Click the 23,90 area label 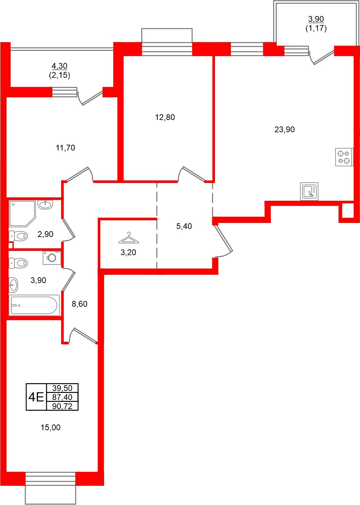point(284,129)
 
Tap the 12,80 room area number point(165,117)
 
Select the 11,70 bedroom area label point(65,148)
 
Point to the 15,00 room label point(51,427)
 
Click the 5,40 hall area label point(184,226)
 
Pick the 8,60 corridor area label point(80,304)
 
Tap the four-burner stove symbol point(344,157)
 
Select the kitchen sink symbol point(309,191)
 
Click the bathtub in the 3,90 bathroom point(34,305)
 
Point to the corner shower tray point(22,213)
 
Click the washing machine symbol point(52,257)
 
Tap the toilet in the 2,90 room point(18,236)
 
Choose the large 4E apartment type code point(36,397)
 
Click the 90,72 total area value point(62,406)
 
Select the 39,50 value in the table point(62,388)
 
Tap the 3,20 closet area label point(128,252)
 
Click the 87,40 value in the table point(62,397)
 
